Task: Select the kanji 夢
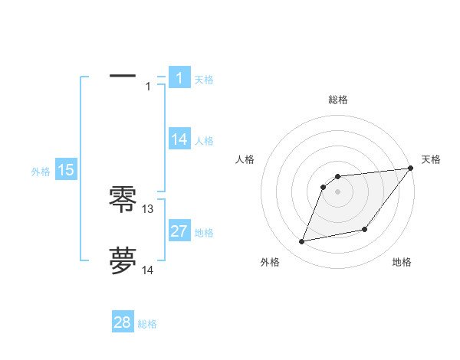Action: pos(123,260)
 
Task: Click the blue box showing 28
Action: pos(123,322)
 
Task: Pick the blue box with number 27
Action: pos(179,231)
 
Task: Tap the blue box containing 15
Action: pos(66,170)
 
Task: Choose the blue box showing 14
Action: pos(179,139)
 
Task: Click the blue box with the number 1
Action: pos(179,77)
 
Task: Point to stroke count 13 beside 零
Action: pos(148,209)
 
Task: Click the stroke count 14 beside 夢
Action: pos(148,270)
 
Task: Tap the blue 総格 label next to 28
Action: pos(147,324)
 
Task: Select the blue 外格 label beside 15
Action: pos(41,172)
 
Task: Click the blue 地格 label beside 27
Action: pos(204,233)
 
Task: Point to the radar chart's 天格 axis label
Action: pos(431,159)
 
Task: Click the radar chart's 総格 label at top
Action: pos(337,100)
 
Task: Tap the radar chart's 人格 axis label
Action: pos(245,159)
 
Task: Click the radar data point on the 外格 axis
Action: pos(302,241)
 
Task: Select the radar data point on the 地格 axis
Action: pos(365,229)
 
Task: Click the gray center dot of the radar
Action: pos(337,191)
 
